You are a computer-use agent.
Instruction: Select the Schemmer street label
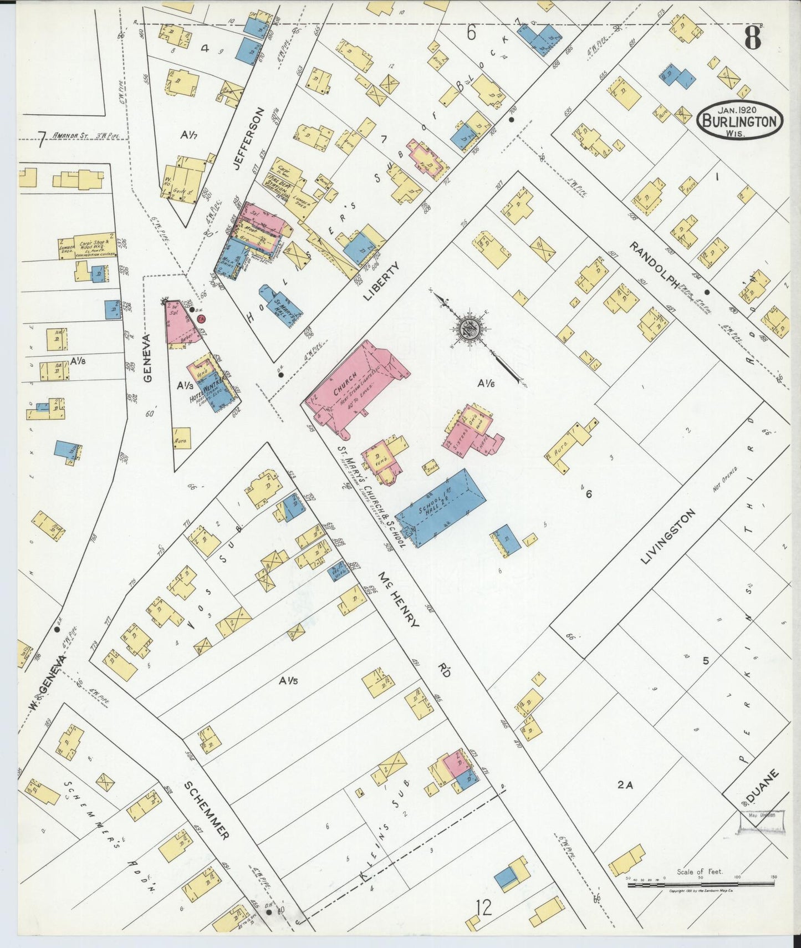point(206,809)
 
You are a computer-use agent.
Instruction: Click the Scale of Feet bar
point(701,885)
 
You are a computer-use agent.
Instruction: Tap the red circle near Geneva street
point(202,319)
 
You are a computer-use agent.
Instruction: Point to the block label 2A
point(625,784)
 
